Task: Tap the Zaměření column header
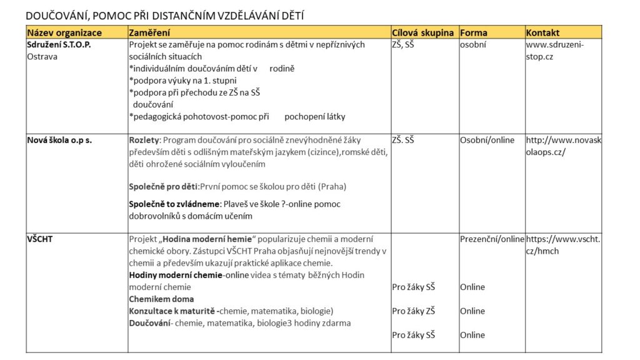coord(149,32)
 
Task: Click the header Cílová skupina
coord(422,32)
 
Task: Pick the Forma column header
coord(473,32)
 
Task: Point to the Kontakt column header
coord(542,32)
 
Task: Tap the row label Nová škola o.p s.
coord(59,140)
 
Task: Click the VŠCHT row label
coord(40,239)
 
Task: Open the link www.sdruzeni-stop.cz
coord(554,51)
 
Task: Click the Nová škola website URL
coord(563,146)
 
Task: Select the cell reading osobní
coord(473,44)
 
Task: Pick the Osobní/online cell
coord(487,140)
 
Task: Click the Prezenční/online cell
coord(492,239)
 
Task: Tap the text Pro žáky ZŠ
coord(413,311)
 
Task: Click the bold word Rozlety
coord(144,140)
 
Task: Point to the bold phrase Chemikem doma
coord(161,299)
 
